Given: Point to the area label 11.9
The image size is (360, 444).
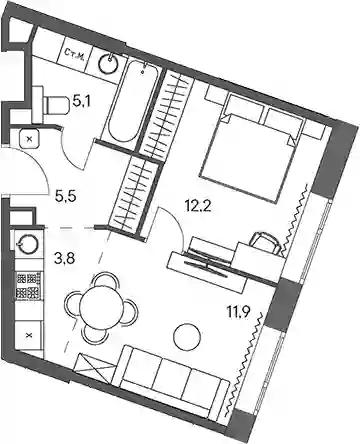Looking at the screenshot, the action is [239, 314].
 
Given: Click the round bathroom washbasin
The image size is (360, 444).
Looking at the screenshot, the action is [108, 63].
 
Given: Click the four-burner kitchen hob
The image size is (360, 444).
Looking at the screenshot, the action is [29, 285].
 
